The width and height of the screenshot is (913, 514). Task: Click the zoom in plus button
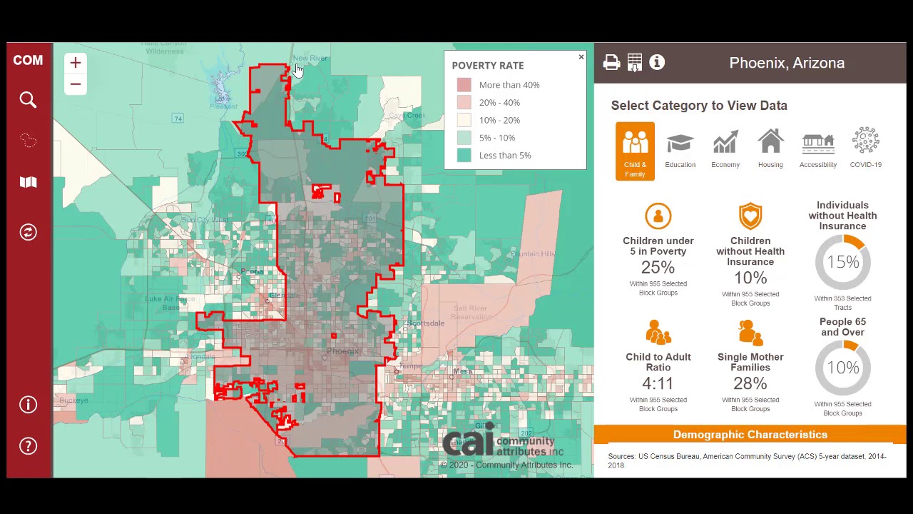coord(76,63)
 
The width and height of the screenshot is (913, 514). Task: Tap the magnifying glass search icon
coord(28,100)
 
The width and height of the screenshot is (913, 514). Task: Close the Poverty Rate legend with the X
coord(581,57)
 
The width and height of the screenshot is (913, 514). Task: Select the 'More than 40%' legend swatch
coord(464,85)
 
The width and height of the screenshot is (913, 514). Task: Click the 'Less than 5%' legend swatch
coord(464,155)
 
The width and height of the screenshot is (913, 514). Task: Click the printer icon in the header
coord(611,63)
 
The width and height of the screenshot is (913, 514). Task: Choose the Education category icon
coord(680,146)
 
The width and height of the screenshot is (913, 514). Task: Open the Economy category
coord(725,146)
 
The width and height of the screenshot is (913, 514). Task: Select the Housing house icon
coord(770,146)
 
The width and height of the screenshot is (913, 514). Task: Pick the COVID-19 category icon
coord(865,146)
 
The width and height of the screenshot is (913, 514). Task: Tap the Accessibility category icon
coord(817,146)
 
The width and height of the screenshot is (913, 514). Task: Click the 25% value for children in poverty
coord(658,267)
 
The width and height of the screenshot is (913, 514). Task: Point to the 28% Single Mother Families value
coord(750,383)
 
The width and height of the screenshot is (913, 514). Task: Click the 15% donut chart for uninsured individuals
coord(842,262)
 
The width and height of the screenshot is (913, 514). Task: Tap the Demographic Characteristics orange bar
coord(750,434)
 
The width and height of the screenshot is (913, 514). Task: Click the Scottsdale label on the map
coord(427,323)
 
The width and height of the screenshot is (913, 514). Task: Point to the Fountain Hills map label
coord(532,254)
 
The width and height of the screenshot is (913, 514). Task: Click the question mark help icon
coord(28,446)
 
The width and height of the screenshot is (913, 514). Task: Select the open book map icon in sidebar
coord(28,182)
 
